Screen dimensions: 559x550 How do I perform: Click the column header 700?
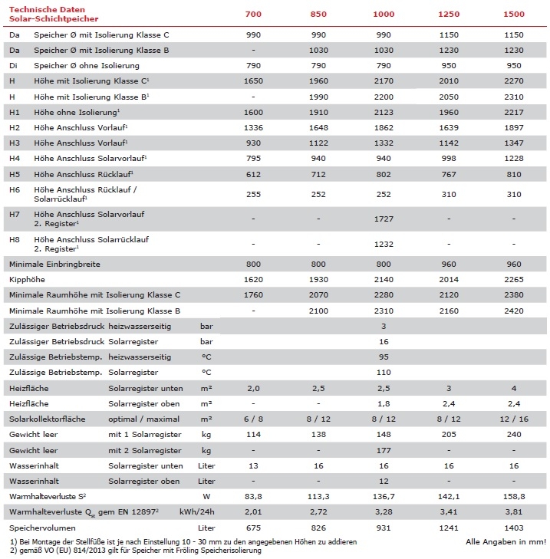point(255,15)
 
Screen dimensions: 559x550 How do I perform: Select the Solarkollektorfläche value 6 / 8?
point(255,419)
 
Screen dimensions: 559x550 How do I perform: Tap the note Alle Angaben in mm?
point(506,542)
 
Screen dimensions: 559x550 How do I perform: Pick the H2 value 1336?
point(255,127)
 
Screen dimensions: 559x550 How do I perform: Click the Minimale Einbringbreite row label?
point(54,264)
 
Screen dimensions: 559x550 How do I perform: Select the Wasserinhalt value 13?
point(255,465)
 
